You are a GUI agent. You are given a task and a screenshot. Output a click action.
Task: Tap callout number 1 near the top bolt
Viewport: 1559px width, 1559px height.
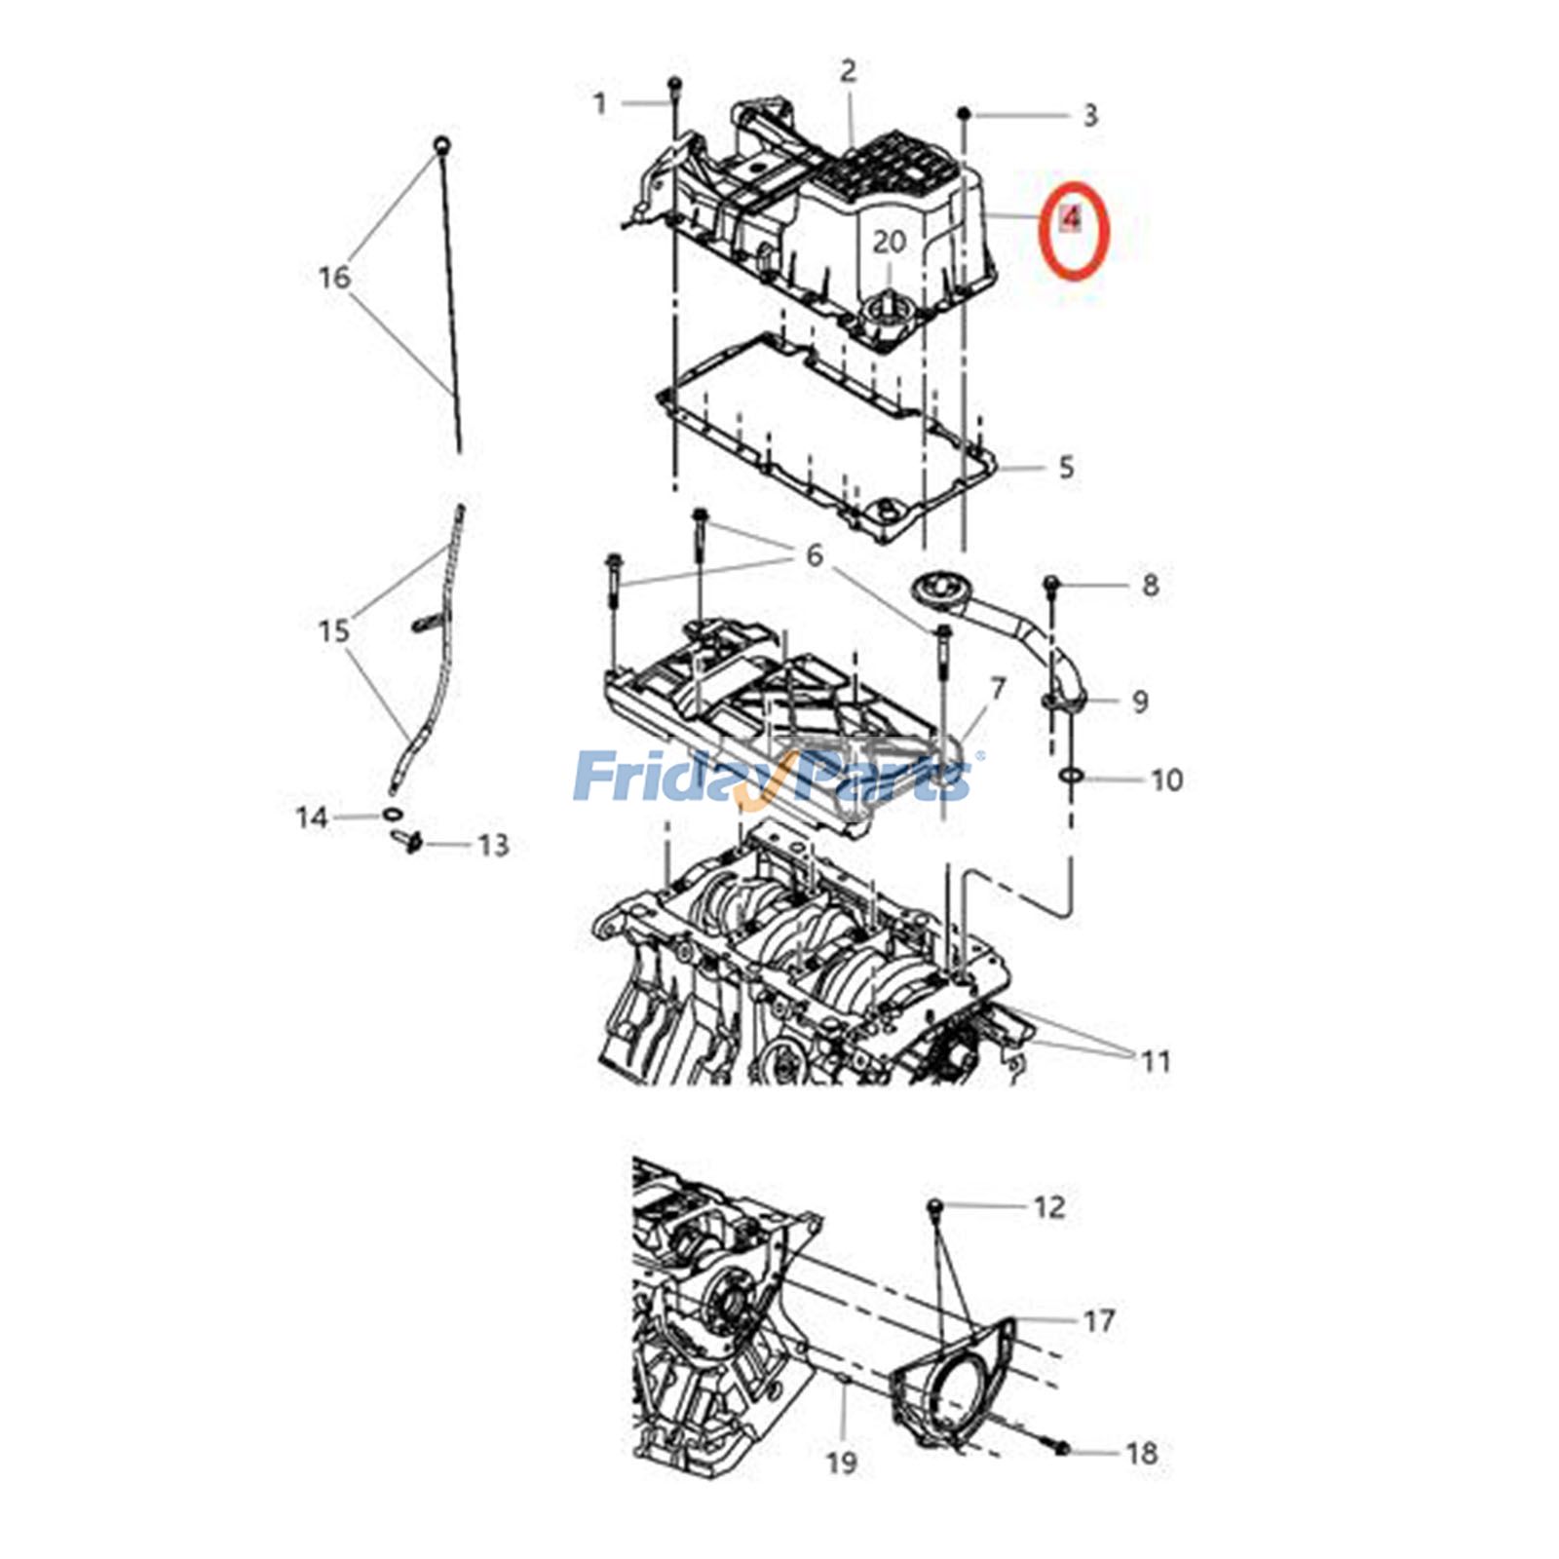point(600,102)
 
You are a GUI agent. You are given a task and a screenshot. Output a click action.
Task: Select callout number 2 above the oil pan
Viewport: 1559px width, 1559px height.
point(848,71)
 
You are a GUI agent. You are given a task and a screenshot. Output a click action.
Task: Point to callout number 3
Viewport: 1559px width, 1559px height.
point(1090,115)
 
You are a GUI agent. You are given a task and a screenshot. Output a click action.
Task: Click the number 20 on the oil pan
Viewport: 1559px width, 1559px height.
point(889,241)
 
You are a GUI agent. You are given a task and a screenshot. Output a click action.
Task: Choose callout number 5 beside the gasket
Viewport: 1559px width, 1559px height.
point(1066,468)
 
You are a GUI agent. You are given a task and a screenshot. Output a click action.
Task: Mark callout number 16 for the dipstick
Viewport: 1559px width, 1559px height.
point(333,278)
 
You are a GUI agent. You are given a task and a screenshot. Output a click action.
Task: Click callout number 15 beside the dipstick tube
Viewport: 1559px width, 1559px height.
point(333,630)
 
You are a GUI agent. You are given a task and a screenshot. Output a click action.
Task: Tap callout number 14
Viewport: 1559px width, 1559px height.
point(312,817)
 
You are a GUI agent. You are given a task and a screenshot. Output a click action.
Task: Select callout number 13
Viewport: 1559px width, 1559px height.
point(493,845)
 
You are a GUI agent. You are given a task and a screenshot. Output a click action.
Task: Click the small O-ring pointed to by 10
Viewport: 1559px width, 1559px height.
point(1070,776)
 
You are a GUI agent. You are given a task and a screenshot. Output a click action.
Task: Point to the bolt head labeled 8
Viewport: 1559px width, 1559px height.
point(1052,584)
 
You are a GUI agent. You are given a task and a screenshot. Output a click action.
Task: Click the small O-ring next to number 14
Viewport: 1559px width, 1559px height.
point(391,815)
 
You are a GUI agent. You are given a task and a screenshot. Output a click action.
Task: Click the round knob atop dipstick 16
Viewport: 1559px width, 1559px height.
point(442,146)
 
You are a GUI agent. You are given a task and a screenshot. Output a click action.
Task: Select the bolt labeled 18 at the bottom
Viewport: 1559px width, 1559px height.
point(1060,1450)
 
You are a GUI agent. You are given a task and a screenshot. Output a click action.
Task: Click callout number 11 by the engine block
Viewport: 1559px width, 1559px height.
point(1156,1060)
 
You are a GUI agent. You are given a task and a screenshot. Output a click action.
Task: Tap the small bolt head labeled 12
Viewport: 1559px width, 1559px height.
point(934,1206)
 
